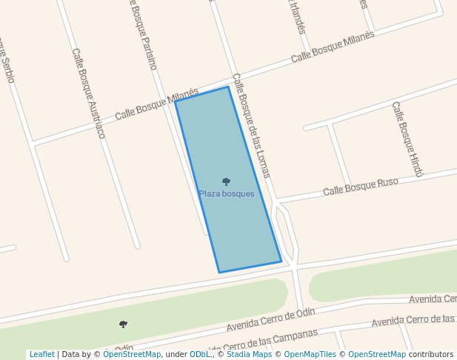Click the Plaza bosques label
[x=227, y=194]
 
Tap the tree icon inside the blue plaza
[x=226, y=181]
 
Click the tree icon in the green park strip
[x=123, y=324]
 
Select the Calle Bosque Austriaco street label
[x=89, y=93]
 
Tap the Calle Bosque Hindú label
[x=407, y=139]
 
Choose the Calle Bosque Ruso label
[x=361, y=187]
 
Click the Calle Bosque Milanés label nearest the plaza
[x=157, y=105]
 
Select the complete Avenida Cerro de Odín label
[x=271, y=320]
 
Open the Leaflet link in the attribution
[x=41, y=354]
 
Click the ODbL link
[x=200, y=354]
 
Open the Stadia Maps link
[x=249, y=354]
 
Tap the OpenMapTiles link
[x=310, y=354]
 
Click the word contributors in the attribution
[x=431, y=354]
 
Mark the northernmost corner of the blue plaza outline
[x=227, y=87]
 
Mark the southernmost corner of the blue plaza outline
[x=219, y=272]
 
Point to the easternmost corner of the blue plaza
[x=281, y=261]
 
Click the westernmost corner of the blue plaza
[x=175, y=101]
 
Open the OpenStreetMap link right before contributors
[x=377, y=354]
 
